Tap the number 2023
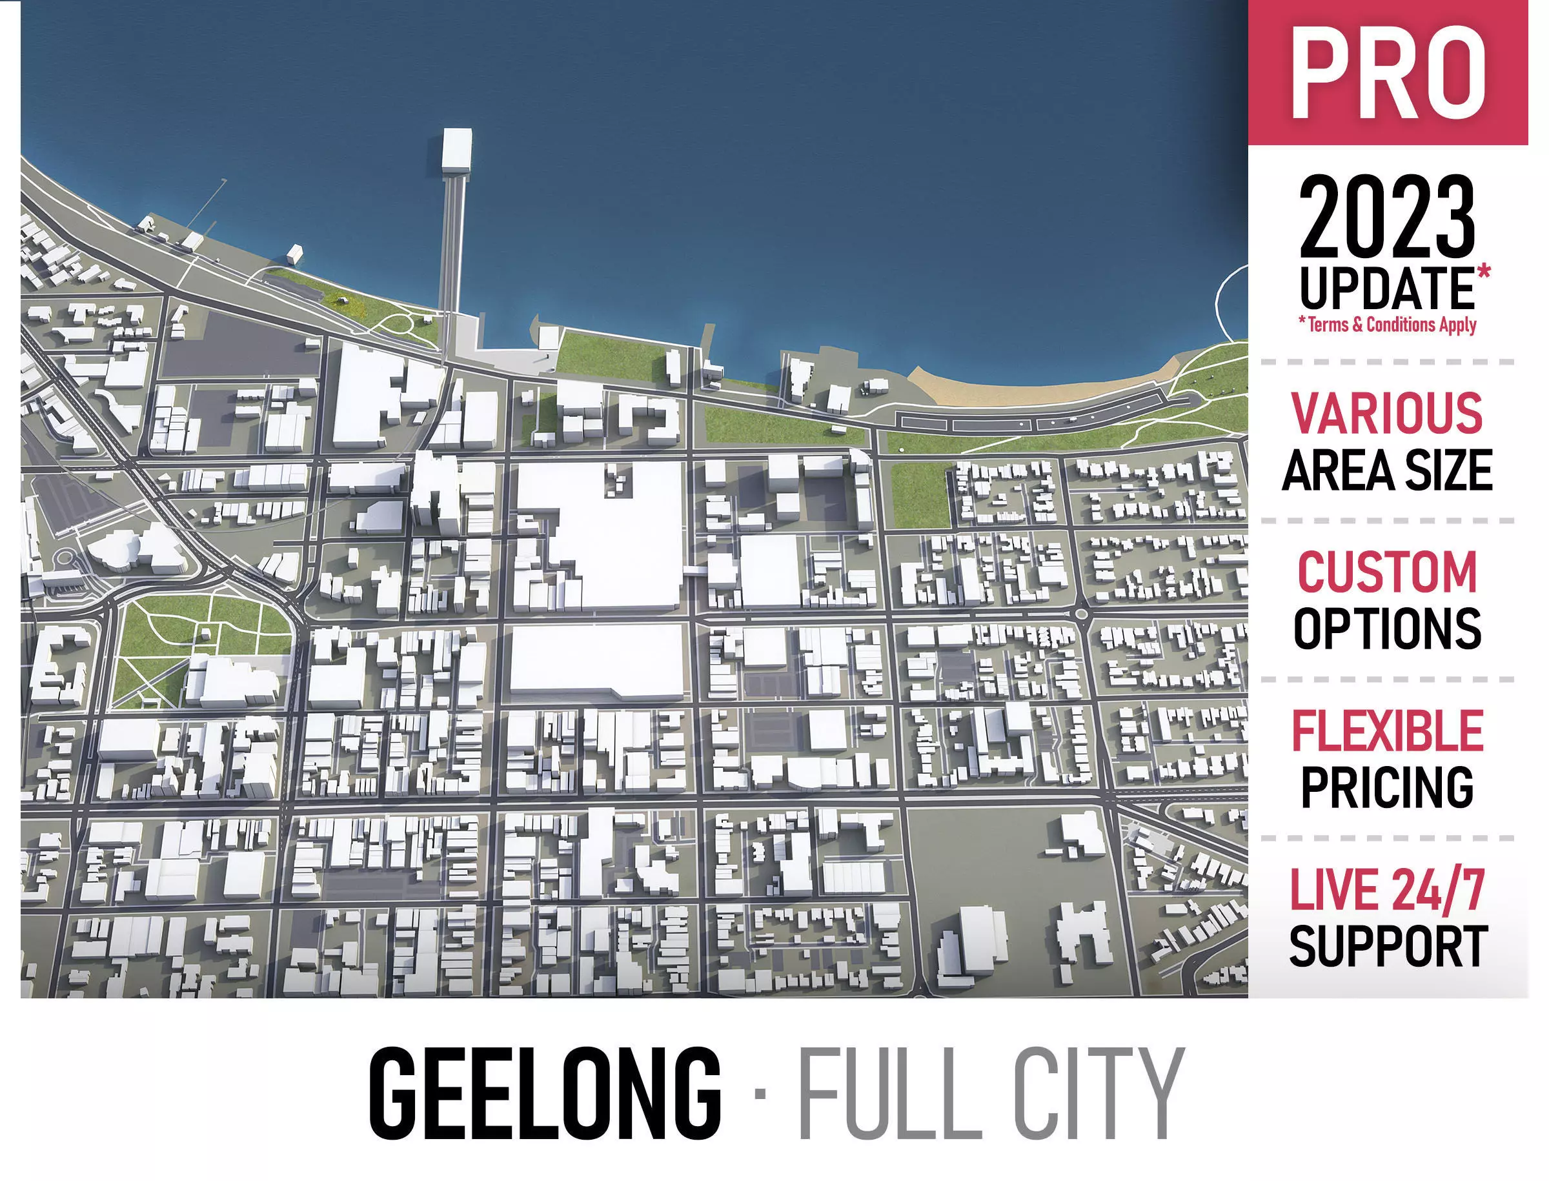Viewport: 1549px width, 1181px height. [1386, 218]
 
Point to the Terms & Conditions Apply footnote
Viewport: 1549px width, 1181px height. [1386, 325]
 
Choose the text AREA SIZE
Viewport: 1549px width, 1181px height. [1386, 470]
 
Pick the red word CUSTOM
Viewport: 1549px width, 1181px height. [1386, 572]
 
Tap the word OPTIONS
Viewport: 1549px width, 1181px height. [1386, 629]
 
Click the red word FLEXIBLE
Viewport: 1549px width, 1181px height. [1386, 731]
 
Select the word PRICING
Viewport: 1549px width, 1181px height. [1386, 788]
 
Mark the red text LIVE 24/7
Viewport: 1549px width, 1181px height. [1386, 891]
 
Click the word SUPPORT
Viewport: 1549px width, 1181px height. [1386, 947]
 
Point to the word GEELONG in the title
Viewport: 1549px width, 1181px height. [545, 1094]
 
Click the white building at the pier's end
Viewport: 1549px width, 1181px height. [456, 150]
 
